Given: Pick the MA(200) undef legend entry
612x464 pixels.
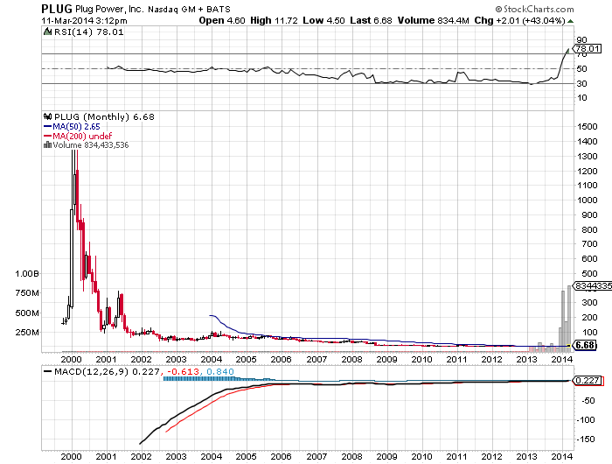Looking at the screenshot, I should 77,135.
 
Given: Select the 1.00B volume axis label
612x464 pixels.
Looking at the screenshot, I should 28,273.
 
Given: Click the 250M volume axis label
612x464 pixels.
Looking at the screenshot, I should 29,333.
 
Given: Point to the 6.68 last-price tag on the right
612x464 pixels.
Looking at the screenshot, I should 586,346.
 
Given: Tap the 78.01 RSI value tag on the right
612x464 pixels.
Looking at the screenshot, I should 585,50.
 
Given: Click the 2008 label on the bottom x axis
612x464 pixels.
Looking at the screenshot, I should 351,456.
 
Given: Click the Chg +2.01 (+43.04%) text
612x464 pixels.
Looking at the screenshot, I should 524,19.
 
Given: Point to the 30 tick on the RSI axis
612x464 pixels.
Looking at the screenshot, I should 581,83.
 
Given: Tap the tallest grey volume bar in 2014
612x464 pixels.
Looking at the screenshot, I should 570,315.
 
